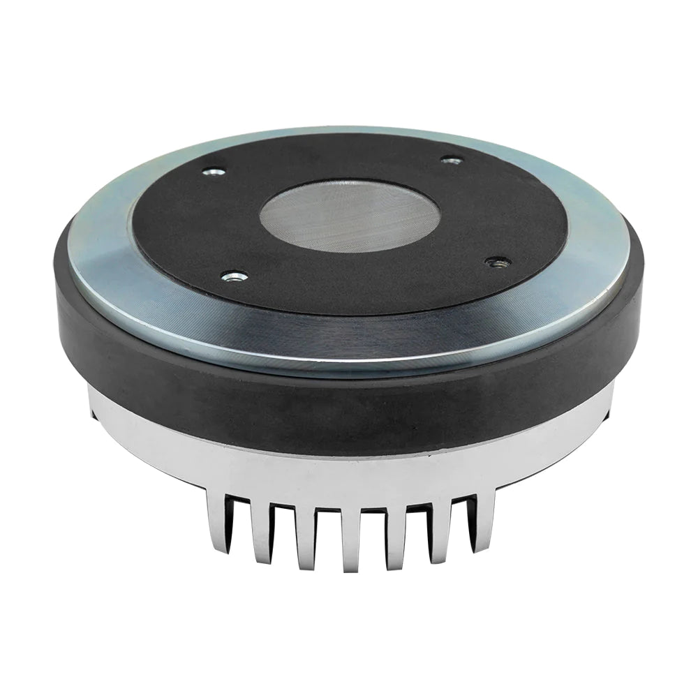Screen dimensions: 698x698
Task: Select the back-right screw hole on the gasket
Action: pos(452,161)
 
